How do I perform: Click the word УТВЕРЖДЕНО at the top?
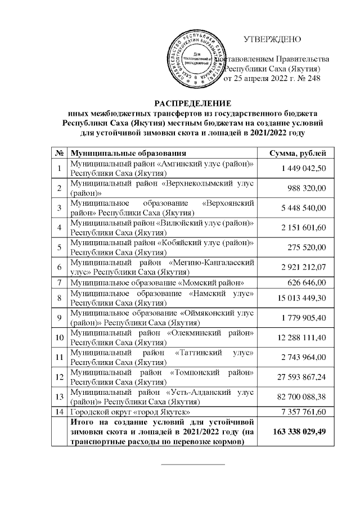tap(272, 39)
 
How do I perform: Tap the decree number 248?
tap(312, 78)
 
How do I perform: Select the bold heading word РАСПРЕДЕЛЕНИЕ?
tap(185, 103)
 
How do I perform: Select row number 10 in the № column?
tap(58, 339)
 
